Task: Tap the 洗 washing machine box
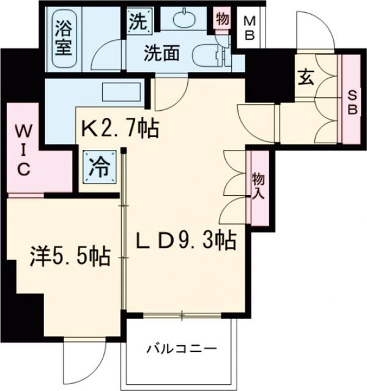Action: [138, 23]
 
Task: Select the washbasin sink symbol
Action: [183, 20]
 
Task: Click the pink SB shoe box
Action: [350, 101]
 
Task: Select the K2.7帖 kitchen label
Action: [120, 128]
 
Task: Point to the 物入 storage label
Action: [258, 188]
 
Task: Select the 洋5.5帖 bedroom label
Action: [70, 256]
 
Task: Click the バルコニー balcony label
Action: [181, 349]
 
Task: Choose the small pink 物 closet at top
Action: [223, 19]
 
